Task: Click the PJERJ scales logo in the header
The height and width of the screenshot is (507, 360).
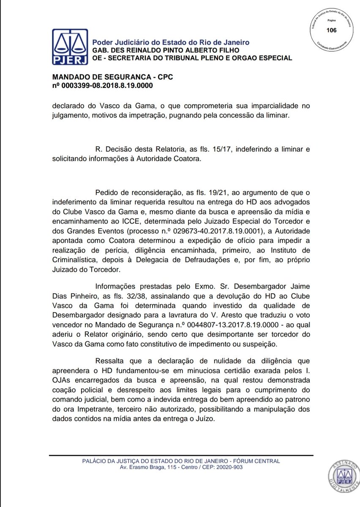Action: click(70, 47)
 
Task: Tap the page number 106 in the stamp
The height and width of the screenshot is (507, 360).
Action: click(332, 30)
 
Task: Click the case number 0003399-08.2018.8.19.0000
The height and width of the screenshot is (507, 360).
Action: click(106, 85)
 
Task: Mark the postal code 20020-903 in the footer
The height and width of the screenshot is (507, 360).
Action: click(227, 468)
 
